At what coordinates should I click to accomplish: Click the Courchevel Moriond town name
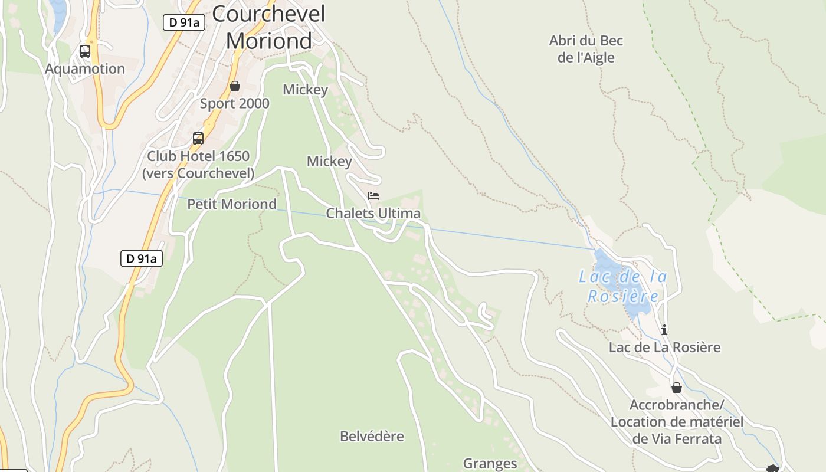click(x=268, y=27)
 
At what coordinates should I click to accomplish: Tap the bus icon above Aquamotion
click(x=85, y=51)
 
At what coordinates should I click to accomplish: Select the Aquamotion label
click(x=85, y=69)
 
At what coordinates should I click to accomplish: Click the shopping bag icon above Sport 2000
click(x=235, y=87)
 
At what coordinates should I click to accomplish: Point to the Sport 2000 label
click(x=234, y=104)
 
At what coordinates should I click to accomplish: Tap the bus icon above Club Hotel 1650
click(x=198, y=139)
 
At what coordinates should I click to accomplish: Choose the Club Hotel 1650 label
click(x=198, y=165)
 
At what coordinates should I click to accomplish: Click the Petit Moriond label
click(x=232, y=204)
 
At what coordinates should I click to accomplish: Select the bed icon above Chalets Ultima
click(x=373, y=196)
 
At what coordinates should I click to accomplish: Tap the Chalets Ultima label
click(x=373, y=213)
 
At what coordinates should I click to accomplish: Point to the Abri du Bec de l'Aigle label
click(x=586, y=49)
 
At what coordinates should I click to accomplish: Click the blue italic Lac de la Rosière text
click(x=623, y=286)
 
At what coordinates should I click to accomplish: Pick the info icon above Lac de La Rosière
click(x=664, y=330)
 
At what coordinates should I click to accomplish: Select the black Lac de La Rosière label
click(x=664, y=347)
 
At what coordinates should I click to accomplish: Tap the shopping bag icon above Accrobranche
click(x=677, y=388)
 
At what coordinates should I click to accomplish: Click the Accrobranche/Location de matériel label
click(x=677, y=422)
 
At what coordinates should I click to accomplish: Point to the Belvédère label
click(x=372, y=437)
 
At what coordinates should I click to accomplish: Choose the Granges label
click(x=490, y=464)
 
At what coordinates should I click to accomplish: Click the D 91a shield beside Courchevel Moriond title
click(x=184, y=22)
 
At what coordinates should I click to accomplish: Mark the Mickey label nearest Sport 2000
click(x=305, y=90)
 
